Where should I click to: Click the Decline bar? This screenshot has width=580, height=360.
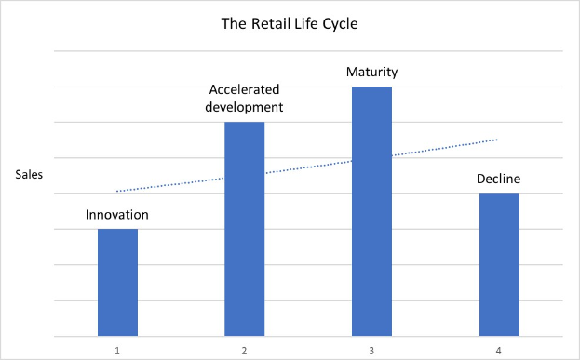pyautogui.click(x=498, y=264)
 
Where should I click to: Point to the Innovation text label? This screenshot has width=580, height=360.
pyautogui.click(x=117, y=215)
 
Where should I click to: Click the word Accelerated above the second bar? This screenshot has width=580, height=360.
pyautogui.click(x=244, y=90)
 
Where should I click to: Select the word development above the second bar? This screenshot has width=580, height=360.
pyautogui.click(x=244, y=107)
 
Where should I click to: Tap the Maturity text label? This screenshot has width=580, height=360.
pyautogui.click(x=371, y=72)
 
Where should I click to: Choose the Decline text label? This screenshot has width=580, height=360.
pyautogui.click(x=498, y=179)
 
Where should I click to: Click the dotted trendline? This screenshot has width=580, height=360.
pyautogui.click(x=307, y=166)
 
